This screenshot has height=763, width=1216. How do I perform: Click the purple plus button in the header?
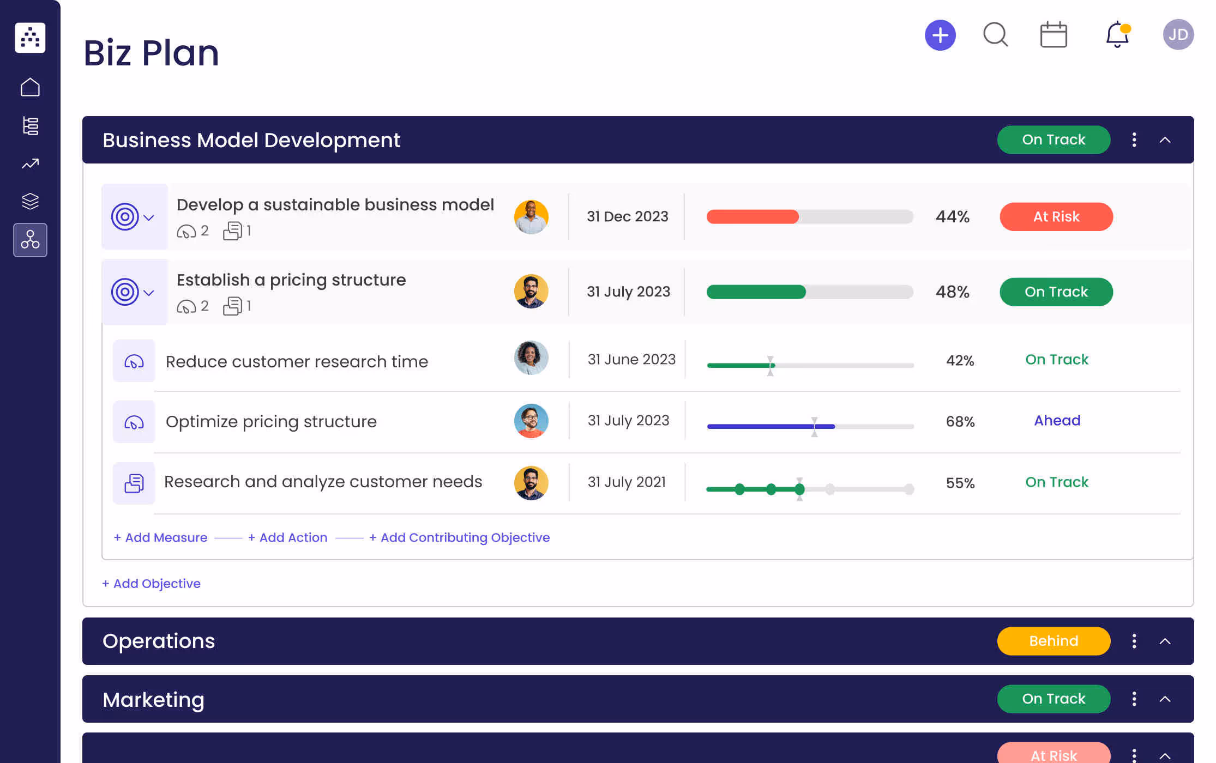pyautogui.click(x=940, y=35)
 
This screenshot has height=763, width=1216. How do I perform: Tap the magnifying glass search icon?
pyautogui.click(x=995, y=35)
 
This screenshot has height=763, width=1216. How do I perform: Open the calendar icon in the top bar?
pyautogui.click(x=1054, y=35)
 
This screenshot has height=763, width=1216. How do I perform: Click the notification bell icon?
pyautogui.click(x=1117, y=35)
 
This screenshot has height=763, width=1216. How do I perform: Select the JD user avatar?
pyautogui.click(x=1178, y=35)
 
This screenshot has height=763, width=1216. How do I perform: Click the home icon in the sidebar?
pyautogui.click(x=31, y=87)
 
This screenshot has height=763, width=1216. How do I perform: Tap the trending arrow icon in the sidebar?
pyautogui.click(x=31, y=163)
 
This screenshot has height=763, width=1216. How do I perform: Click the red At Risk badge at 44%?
pyautogui.click(x=1056, y=217)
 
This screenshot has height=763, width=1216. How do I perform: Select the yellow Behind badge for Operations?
pyautogui.click(x=1054, y=641)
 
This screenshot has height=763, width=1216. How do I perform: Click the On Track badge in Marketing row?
pyautogui.click(x=1054, y=699)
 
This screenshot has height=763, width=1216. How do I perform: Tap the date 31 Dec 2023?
pyautogui.click(x=627, y=217)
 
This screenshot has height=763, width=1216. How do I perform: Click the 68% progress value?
pyautogui.click(x=960, y=421)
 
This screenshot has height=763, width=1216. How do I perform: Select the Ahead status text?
pyautogui.click(x=1057, y=421)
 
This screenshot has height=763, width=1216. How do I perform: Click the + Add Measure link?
pyautogui.click(x=161, y=537)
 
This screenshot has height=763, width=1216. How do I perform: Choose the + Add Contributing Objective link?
pyautogui.click(x=459, y=537)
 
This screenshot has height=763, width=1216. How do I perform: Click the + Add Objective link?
pyautogui.click(x=152, y=584)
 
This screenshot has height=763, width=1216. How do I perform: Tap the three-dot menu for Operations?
pyautogui.click(x=1134, y=641)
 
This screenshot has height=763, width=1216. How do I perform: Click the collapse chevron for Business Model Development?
pyautogui.click(x=1165, y=140)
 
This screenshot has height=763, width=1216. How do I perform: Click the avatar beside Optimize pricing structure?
pyautogui.click(x=531, y=421)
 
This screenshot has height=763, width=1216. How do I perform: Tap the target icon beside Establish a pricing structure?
pyautogui.click(x=125, y=292)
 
